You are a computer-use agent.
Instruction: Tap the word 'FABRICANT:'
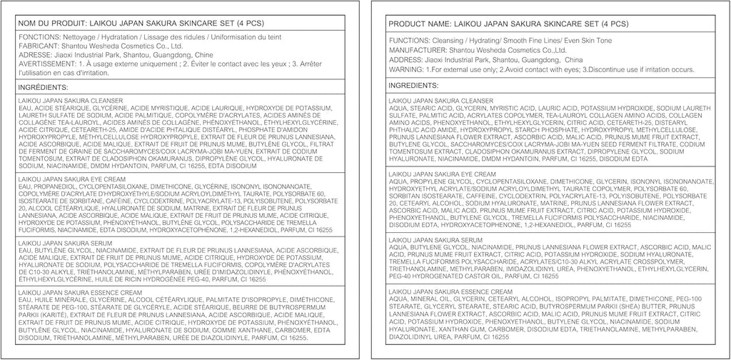[39, 46]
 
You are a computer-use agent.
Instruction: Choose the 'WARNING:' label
[404, 69]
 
